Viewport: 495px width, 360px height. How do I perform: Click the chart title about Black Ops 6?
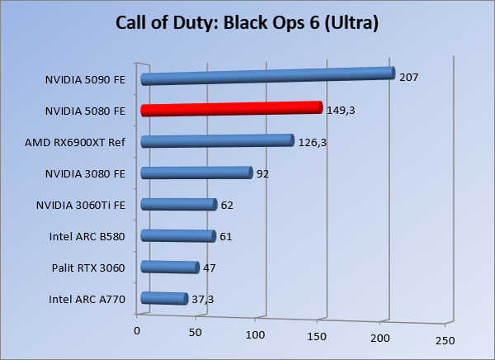[x=247, y=23]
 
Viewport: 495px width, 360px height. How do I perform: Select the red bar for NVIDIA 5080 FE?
[x=231, y=108]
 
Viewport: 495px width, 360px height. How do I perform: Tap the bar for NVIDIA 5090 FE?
[x=267, y=77]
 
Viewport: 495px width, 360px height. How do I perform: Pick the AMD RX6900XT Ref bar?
[x=217, y=141]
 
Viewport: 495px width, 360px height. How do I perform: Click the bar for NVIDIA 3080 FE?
[x=196, y=173]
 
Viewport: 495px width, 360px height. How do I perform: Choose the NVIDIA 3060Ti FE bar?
[x=178, y=204]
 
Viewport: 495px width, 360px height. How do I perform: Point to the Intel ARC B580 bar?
[x=177, y=236]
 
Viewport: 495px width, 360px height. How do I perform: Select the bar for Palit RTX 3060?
[x=170, y=267]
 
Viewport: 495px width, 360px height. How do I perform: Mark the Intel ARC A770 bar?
[x=164, y=299]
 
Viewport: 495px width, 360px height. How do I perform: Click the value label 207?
[x=409, y=78]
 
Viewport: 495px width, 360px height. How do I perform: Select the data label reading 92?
[x=263, y=174]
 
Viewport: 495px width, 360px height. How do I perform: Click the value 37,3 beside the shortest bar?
[x=203, y=299]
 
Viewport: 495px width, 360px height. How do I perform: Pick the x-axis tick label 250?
[x=444, y=340]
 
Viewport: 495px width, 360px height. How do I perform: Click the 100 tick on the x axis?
[x=256, y=334]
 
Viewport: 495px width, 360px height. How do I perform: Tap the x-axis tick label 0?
[x=137, y=330]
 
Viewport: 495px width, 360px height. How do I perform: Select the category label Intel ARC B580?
[x=87, y=236]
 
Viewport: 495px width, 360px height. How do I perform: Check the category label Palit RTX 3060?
[x=87, y=268]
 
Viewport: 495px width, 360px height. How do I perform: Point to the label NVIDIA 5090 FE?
[x=86, y=80]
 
